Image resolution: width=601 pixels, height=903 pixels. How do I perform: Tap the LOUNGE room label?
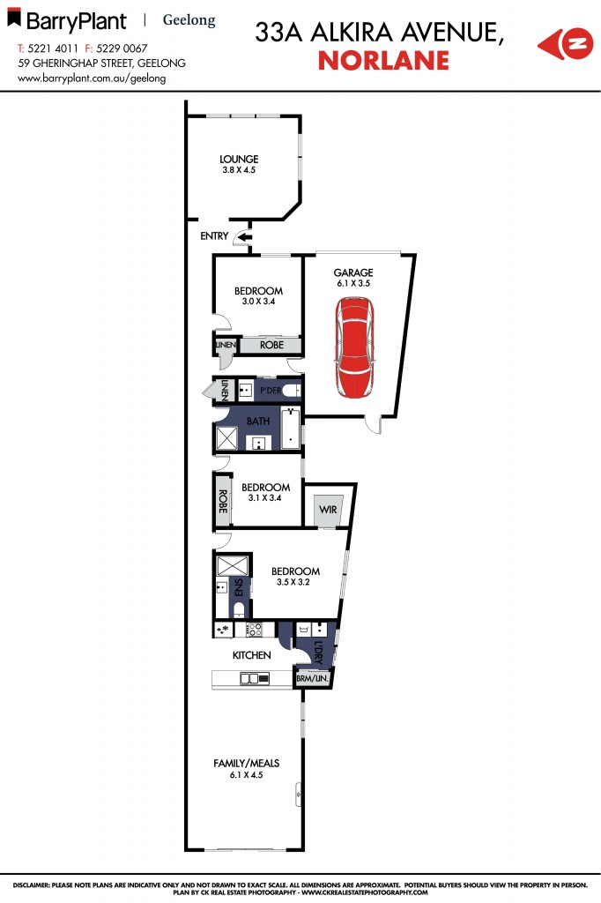click(239, 160)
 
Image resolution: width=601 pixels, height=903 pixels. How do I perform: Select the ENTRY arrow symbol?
click(244, 236)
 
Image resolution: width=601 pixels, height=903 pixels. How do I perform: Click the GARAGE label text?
click(352, 273)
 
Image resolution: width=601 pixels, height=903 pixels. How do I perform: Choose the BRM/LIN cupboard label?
click(313, 679)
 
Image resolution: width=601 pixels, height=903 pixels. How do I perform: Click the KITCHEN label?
click(251, 655)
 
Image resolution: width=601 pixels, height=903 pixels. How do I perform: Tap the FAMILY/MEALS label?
click(239, 764)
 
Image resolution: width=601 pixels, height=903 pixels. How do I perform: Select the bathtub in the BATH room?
click(291, 429)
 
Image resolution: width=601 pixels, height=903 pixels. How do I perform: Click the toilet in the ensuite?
click(239, 610)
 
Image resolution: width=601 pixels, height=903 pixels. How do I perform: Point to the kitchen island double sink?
click(256, 679)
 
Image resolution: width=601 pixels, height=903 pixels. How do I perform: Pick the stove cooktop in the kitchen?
click(254, 630)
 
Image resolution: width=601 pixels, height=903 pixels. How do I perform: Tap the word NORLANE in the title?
click(383, 61)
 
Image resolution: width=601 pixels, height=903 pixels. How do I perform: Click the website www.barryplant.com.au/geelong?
click(92, 78)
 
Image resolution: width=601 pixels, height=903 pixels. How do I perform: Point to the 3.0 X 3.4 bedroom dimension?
click(258, 302)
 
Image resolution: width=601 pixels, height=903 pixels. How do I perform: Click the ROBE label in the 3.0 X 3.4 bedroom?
click(271, 346)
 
